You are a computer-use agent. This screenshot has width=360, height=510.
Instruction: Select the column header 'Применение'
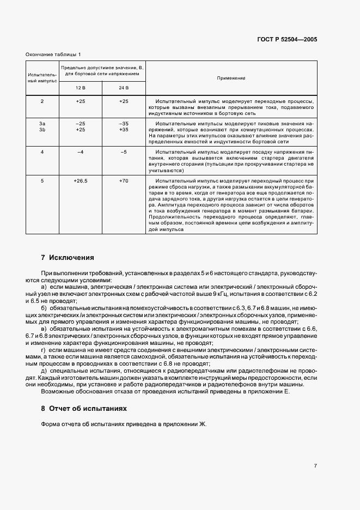click(x=231, y=78)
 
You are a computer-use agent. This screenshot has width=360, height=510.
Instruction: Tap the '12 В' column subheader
click(x=80, y=88)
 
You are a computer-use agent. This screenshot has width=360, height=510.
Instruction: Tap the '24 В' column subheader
click(x=123, y=88)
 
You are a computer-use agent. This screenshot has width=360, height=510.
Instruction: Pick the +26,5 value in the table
click(x=81, y=181)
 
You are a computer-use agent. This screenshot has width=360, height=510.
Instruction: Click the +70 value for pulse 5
click(x=123, y=181)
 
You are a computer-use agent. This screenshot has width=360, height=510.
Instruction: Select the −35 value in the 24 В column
click(x=123, y=124)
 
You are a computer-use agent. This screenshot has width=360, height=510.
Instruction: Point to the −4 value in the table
click(x=81, y=152)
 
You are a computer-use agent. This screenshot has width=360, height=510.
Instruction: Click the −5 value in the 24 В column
click(x=123, y=152)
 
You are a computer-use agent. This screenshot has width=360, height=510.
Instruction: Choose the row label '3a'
click(x=42, y=124)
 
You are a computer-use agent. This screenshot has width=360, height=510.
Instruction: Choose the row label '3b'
click(x=42, y=130)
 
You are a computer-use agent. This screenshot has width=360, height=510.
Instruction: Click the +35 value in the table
click(x=123, y=130)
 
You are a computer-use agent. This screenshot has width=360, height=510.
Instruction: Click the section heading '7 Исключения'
click(x=68, y=257)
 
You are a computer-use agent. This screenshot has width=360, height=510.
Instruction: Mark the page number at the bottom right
click(x=315, y=466)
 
